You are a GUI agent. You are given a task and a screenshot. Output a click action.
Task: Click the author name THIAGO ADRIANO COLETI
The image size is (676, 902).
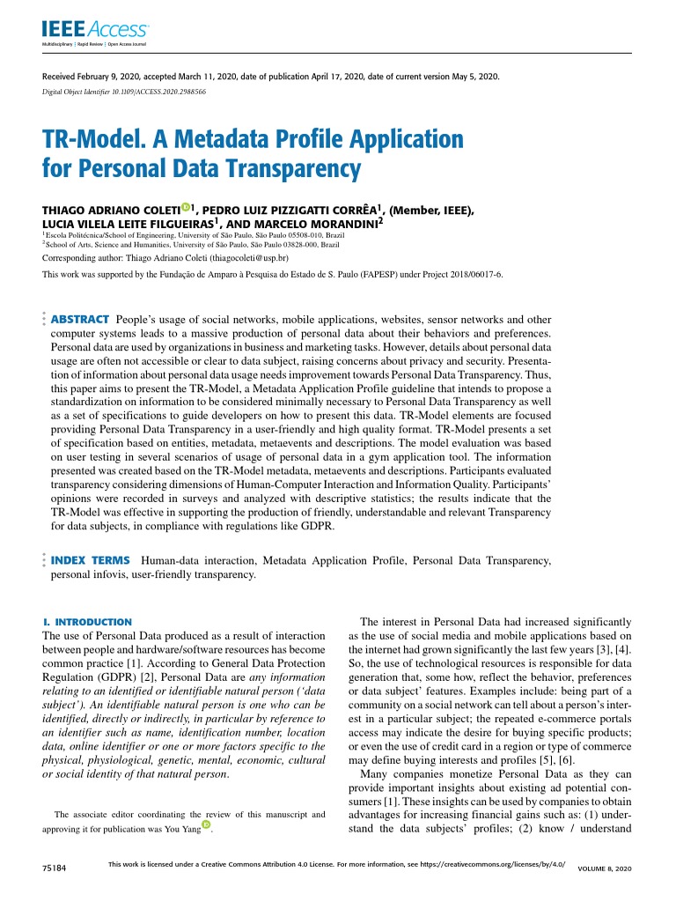(110, 211)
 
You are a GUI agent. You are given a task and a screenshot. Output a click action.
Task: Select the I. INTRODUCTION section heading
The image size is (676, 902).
(87, 622)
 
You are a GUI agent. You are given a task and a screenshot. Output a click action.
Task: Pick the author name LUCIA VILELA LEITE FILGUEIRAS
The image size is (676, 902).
(124, 225)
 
